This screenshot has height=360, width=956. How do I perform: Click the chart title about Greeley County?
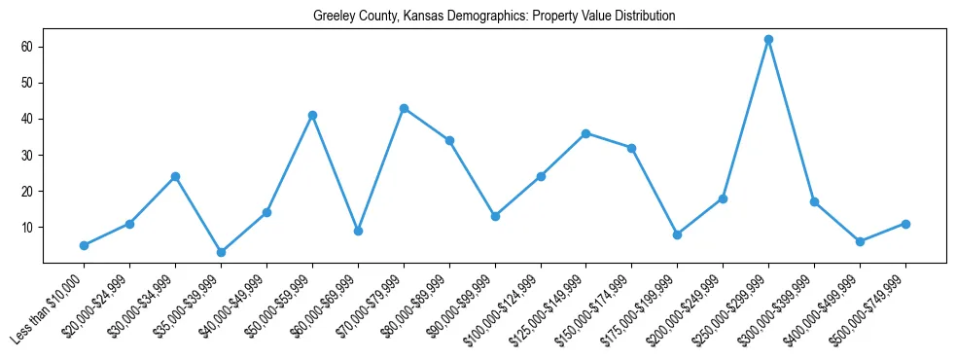494,17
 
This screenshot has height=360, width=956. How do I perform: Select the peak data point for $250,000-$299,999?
768,40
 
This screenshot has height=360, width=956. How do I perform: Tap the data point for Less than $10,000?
84,245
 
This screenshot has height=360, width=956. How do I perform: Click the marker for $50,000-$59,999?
312,115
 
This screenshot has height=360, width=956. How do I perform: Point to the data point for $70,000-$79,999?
404,108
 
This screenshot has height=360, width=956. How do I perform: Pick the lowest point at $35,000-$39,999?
221,252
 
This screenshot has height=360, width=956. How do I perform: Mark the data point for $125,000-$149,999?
585,133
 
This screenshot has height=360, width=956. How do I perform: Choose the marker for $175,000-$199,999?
677,234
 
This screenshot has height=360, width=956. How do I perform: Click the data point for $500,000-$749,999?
905,224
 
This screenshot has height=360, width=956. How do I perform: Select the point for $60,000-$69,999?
358,231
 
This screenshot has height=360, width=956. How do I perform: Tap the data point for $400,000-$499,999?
860,241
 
